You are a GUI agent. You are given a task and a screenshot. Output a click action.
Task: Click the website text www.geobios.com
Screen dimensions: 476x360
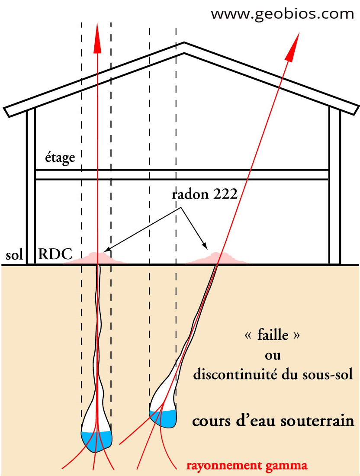(x=283, y=14)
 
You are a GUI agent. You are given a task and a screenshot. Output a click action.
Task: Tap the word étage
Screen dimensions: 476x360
(x=60, y=158)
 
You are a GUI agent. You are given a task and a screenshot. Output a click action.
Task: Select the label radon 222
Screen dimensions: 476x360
(x=205, y=194)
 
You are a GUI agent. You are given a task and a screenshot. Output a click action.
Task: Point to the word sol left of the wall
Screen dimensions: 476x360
(x=14, y=255)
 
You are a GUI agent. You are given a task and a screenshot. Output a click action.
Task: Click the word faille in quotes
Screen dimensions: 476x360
(x=273, y=334)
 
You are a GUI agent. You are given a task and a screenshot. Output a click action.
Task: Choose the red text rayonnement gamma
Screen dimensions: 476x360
(x=247, y=466)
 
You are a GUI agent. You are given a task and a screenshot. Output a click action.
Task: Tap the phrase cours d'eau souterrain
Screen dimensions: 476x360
(x=273, y=421)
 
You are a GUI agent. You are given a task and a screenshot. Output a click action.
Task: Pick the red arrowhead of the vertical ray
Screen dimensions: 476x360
(x=97, y=35)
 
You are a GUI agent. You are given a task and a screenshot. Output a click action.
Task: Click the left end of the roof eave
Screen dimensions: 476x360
(x=7, y=111)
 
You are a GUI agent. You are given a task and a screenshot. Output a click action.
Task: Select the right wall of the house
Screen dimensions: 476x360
(x=334, y=186)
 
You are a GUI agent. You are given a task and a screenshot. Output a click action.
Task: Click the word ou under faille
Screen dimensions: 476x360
(x=273, y=355)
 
